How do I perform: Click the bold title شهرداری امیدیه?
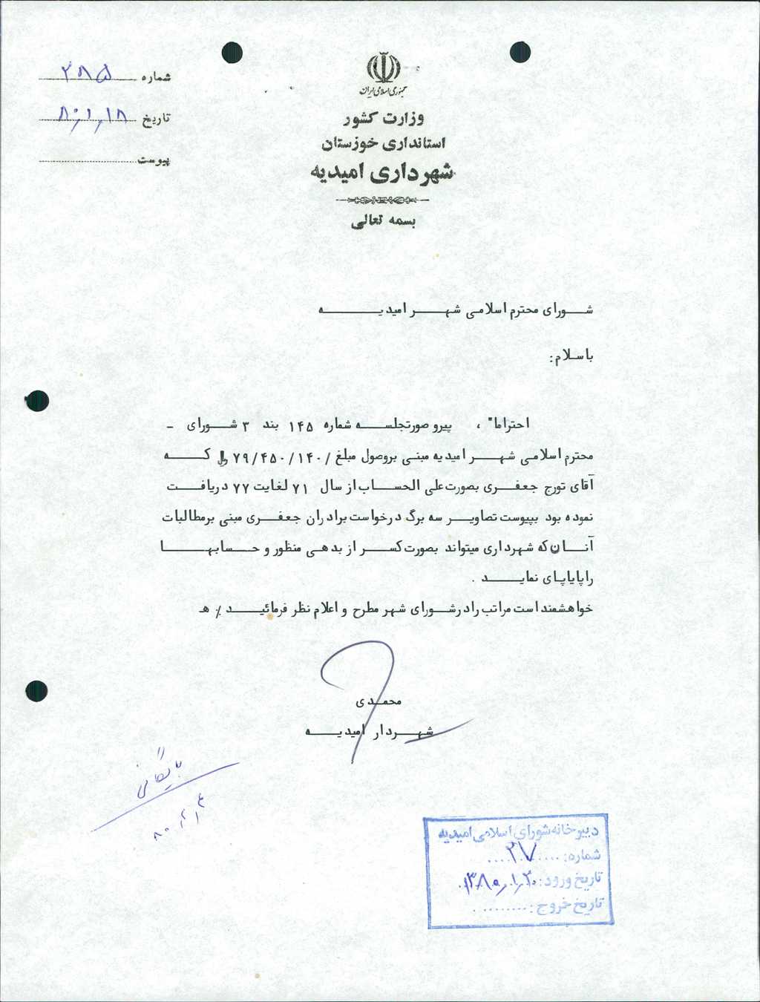381,173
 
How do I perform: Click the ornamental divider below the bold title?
382,200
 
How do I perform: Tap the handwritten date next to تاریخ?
94,115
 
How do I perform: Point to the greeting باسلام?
571,358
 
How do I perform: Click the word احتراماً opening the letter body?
507,424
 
